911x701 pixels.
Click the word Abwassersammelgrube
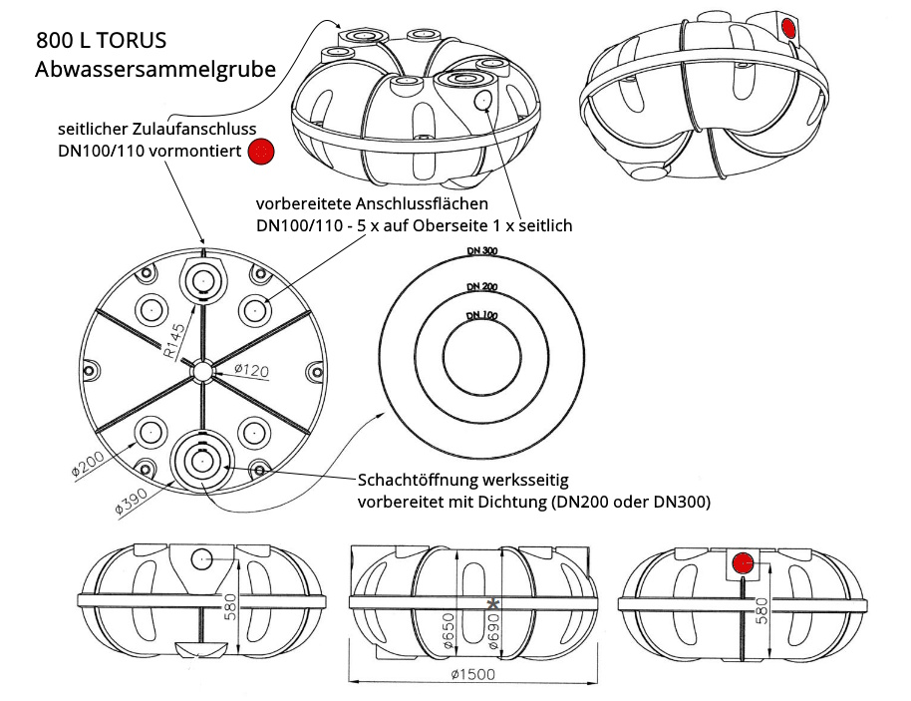point(154,71)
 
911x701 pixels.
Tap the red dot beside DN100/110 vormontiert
point(261,152)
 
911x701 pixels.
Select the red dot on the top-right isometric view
point(789,27)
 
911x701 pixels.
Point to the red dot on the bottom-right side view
point(743,563)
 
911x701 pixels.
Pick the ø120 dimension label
point(254,372)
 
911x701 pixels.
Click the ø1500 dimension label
point(473,675)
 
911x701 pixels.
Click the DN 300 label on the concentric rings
point(481,250)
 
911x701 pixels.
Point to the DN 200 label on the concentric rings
point(481,286)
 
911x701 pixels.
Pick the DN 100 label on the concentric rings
point(481,316)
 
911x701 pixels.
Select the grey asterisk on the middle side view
point(494,603)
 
